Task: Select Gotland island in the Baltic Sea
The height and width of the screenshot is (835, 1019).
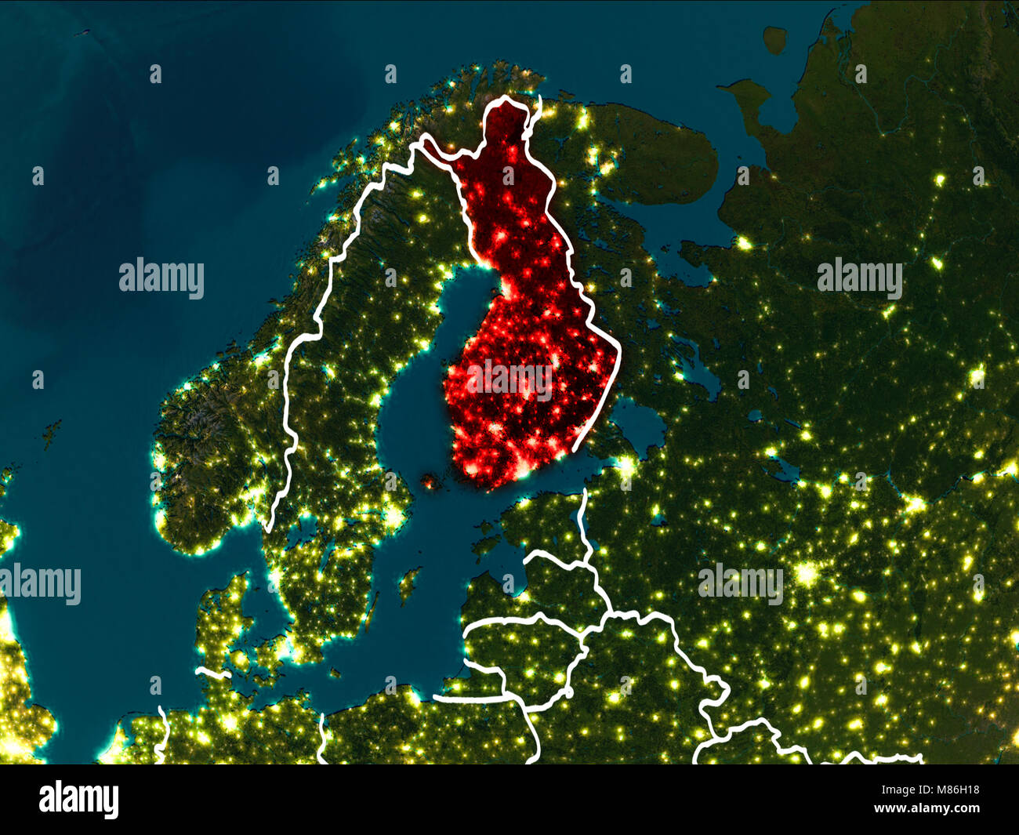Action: pos(407,583)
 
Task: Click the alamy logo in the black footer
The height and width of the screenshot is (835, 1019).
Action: pos(79,800)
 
